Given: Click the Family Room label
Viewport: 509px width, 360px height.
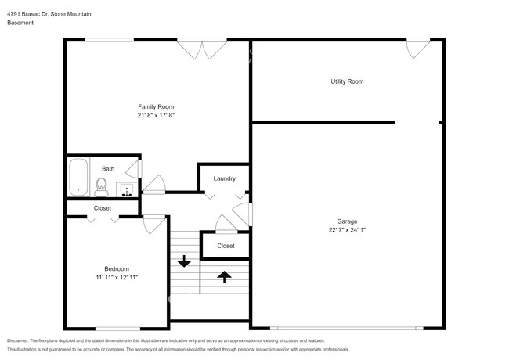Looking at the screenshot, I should pyautogui.click(x=156, y=106).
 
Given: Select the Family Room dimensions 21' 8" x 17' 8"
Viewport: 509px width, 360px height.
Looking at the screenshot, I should pyautogui.click(x=156, y=115).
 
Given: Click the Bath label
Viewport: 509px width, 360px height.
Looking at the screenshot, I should pyautogui.click(x=107, y=168).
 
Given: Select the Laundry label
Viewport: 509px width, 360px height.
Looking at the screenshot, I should pyautogui.click(x=224, y=179).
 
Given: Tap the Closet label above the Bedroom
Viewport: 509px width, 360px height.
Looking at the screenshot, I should pyautogui.click(x=103, y=208).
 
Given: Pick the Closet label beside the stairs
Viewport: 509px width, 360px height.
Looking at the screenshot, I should pyautogui.click(x=226, y=246).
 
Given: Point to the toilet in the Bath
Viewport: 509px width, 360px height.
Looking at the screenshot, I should pyautogui.click(x=101, y=185).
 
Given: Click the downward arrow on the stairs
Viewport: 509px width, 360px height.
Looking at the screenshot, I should pyautogui.click(x=184, y=261).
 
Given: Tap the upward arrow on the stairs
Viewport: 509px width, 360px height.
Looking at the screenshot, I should pyautogui.click(x=224, y=275).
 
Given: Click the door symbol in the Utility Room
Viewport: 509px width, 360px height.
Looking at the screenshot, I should pyautogui.click(x=417, y=49).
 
